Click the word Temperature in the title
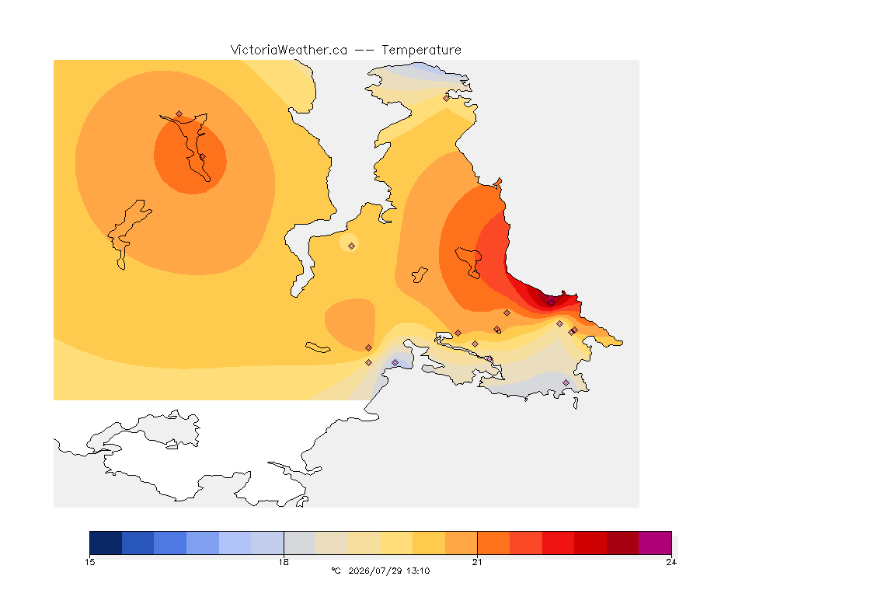click(x=421, y=51)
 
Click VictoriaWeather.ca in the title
click(x=289, y=51)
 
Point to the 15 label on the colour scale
click(x=90, y=562)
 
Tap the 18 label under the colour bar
click(x=284, y=562)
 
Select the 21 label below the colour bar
click(x=477, y=562)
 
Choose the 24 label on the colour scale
click(x=671, y=562)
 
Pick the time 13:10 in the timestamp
click(x=418, y=571)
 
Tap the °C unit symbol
click(x=336, y=571)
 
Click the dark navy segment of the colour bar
click(x=106, y=543)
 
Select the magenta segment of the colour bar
click(x=655, y=543)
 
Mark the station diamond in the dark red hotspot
click(x=551, y=302)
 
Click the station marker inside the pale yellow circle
click(x=352, y=246)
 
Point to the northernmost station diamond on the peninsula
click(x=447, y=98)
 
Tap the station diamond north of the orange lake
click(x=179, y=114)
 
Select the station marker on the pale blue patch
click(x=395, y=363)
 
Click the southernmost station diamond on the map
click(x=566, y=382)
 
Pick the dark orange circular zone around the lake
click(x=171, y=171)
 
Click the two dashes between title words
click(x=364, y=51)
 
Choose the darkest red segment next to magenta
click(x=623, y=543)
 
